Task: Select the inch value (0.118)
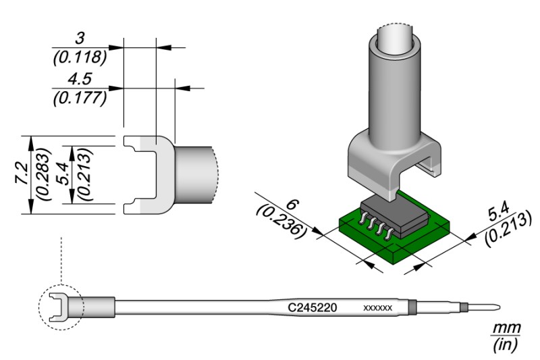80,57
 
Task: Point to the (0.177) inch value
80,98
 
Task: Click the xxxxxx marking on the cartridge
378,308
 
